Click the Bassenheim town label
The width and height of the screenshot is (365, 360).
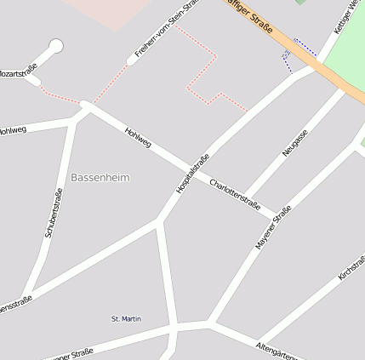pos(100,178)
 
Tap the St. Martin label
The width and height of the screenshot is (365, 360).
pos(126,319)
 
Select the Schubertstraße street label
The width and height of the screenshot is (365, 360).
pos(53,212)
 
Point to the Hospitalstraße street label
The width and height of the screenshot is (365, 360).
pos(192,174)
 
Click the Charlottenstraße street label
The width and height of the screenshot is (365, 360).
pos(235,195)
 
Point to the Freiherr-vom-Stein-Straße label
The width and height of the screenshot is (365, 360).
pos(166,30)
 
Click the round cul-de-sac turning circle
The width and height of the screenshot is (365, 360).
pos(56,45)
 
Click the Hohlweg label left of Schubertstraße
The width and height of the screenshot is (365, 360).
pos(13,131)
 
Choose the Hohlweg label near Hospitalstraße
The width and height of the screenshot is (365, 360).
pos(137,138)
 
